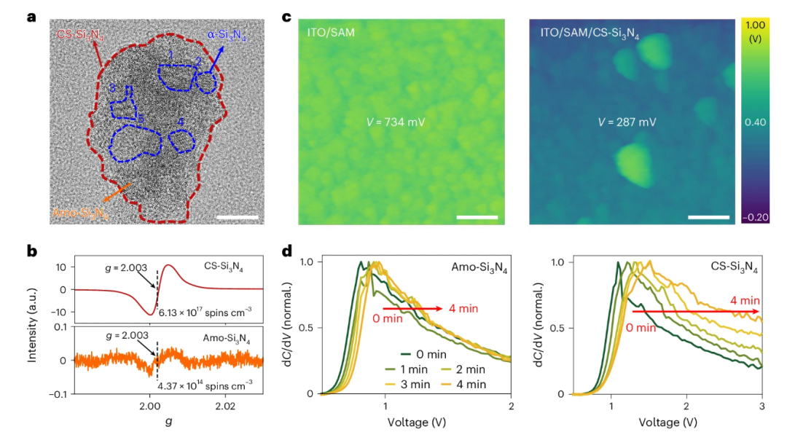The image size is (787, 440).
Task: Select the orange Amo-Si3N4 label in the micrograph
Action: (x=80, y=213)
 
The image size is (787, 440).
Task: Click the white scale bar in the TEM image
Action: (x=238, y=216)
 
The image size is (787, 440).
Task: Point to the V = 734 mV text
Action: (x=395, y=122)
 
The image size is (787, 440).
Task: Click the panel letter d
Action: (x=287, y=251)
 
